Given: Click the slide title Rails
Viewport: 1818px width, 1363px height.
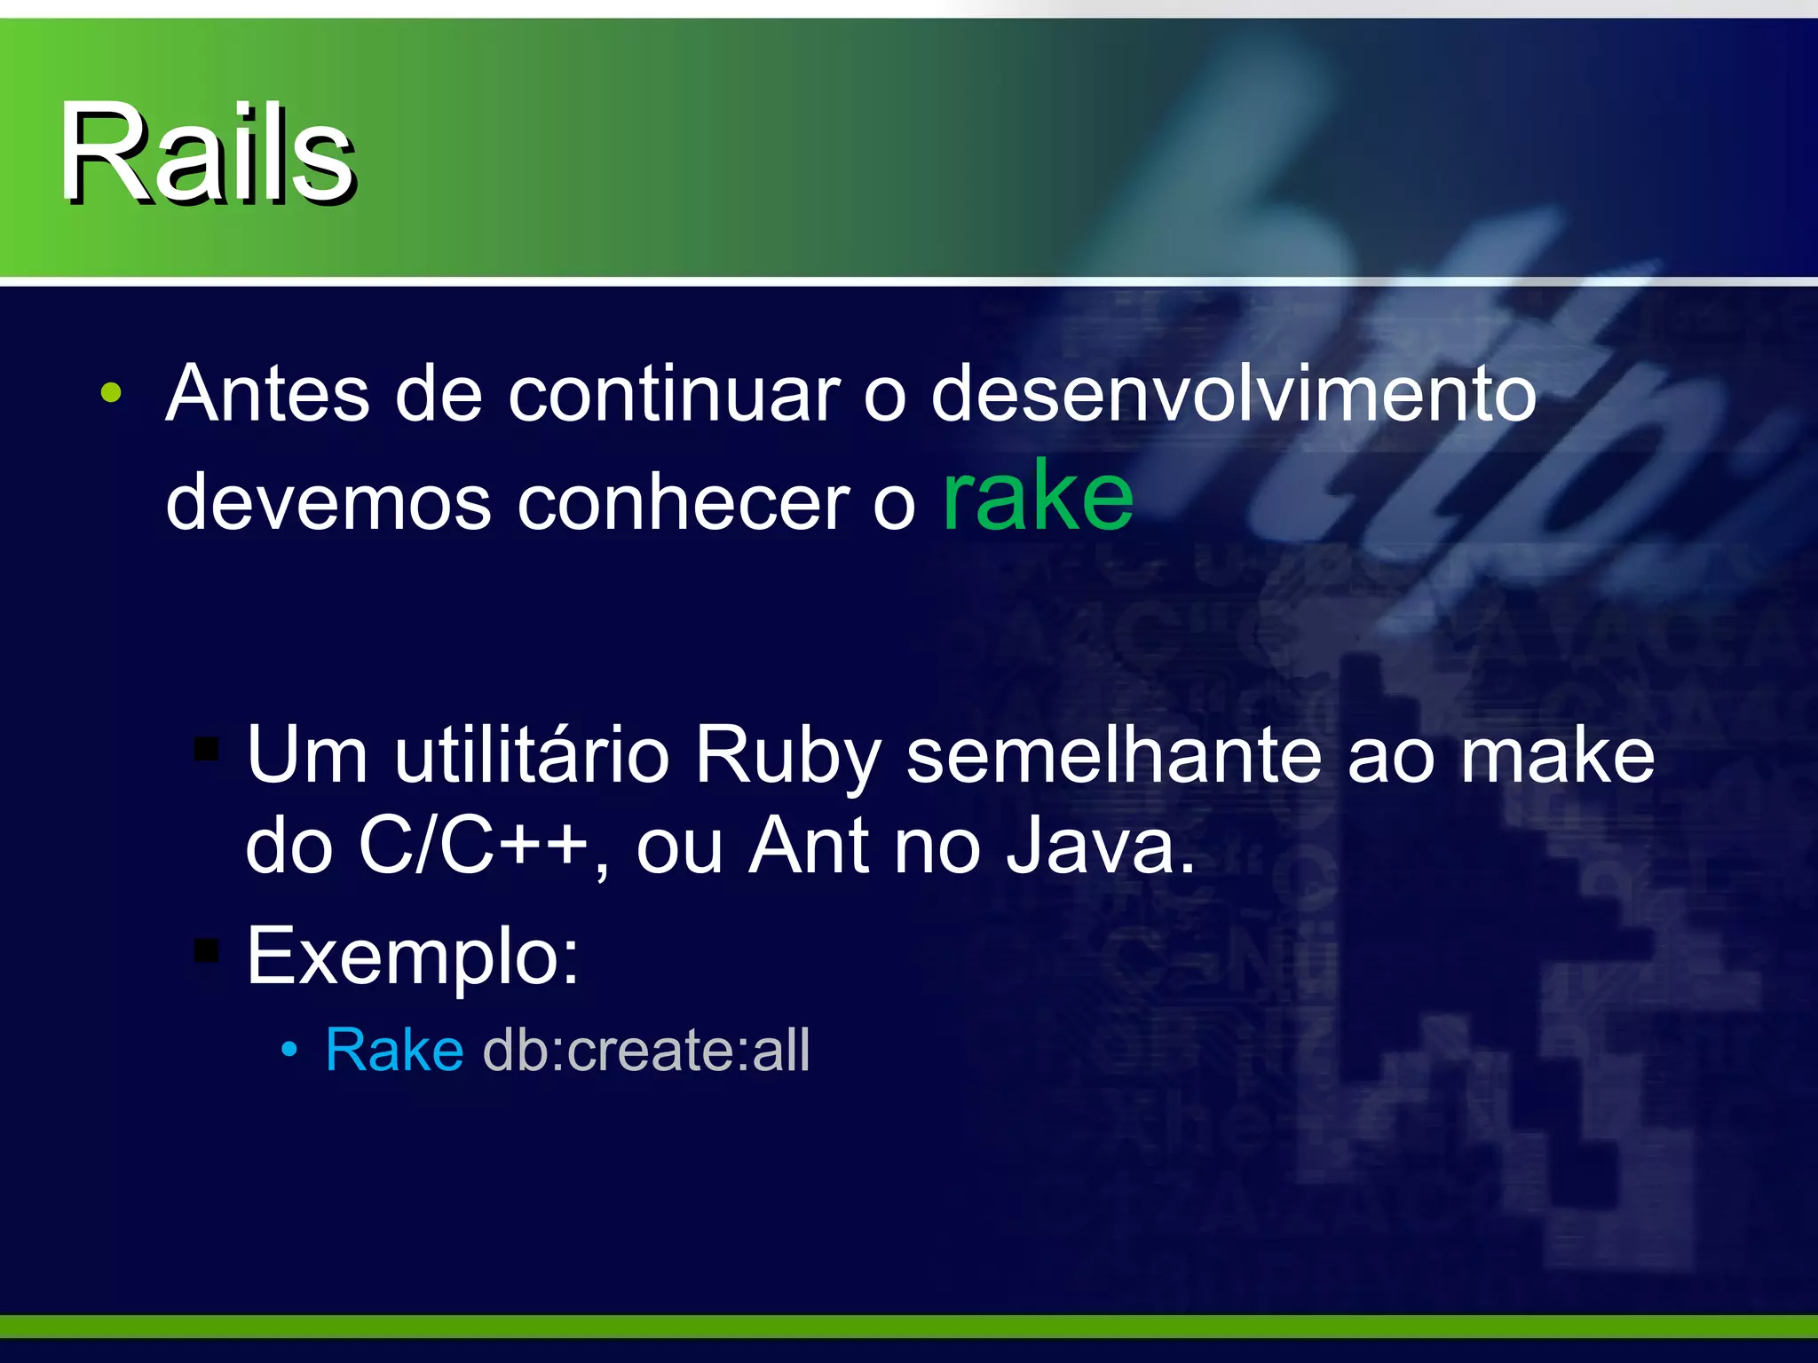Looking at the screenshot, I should pos(208,154).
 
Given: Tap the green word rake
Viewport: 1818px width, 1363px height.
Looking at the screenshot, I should pos(1038,497).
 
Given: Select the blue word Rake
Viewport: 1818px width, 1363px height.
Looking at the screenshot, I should pos(394,1051).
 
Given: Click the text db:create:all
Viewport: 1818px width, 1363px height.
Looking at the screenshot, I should pos(646,1051).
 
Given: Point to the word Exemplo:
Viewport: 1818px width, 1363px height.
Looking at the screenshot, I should pos(413,957).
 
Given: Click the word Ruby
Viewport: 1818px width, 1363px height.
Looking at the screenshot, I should pos(787,756).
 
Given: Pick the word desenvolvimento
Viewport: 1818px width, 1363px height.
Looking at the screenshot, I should pos(1233,395).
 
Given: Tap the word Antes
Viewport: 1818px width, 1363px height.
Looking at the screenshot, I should pos(267,395).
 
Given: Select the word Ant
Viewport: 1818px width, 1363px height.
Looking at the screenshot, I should pos(809,847).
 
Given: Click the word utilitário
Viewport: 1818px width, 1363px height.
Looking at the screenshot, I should pos(532,756).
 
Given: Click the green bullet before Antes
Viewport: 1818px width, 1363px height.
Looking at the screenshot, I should pos(111,393).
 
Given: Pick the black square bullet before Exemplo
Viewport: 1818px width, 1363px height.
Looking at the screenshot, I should pos(207,950).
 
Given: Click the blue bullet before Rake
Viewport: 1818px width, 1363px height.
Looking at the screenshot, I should pos(289,1050).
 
